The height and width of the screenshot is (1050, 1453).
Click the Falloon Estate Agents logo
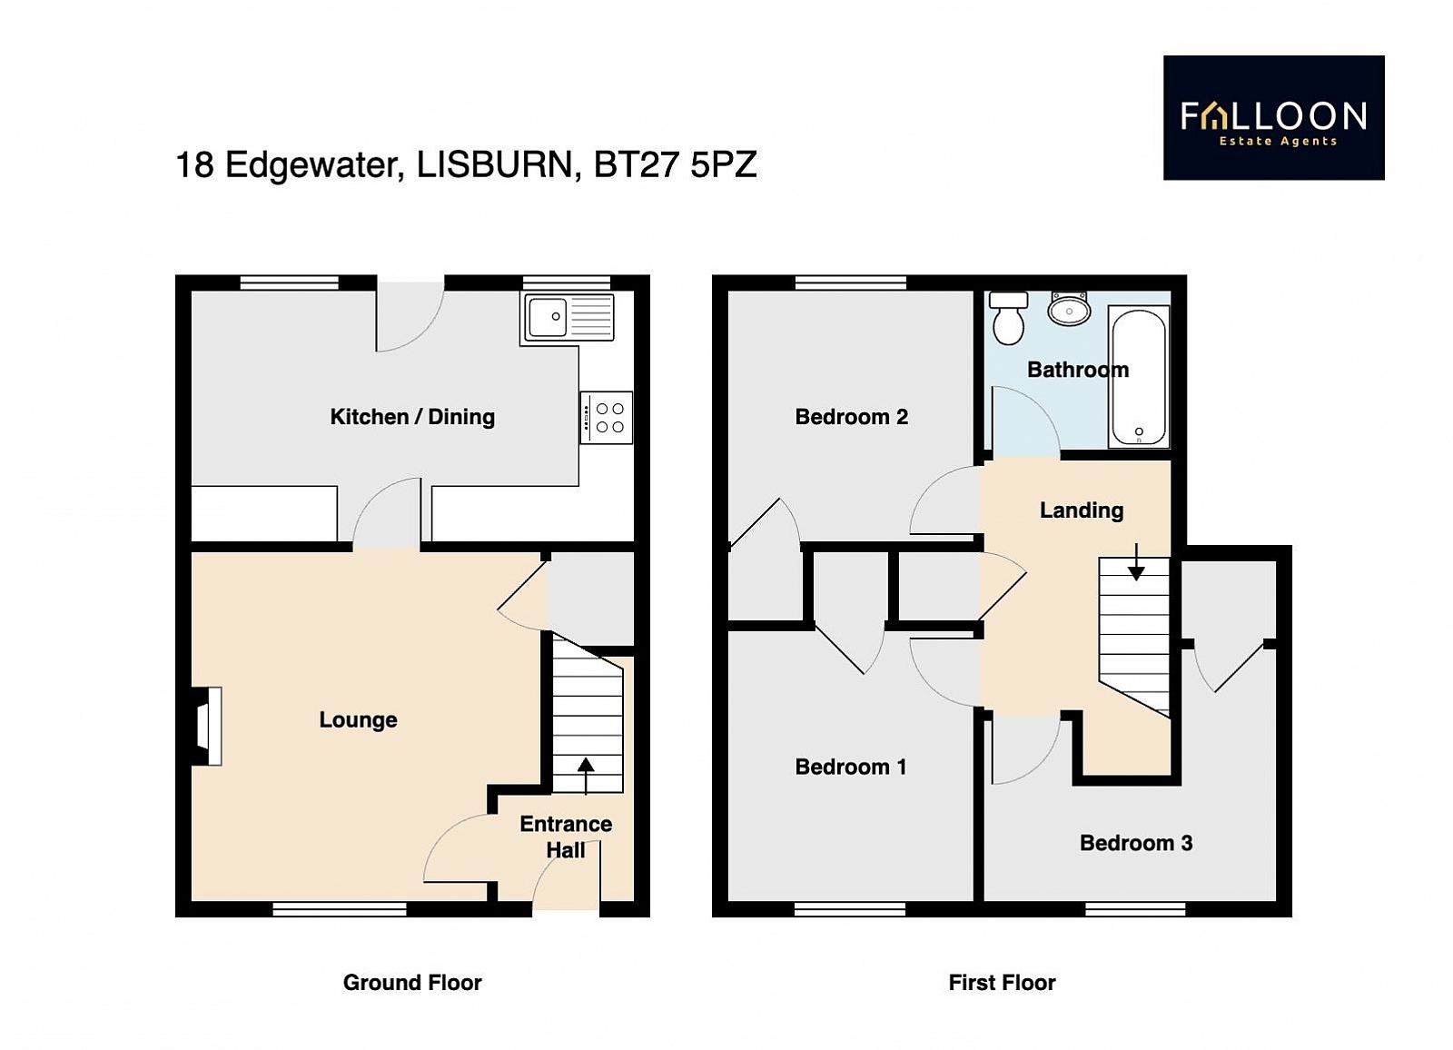[1274, 117]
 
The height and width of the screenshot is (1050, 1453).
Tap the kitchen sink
[568, 317]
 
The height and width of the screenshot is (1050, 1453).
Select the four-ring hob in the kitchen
[607, 418]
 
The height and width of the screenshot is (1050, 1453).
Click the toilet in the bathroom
[1007, 317]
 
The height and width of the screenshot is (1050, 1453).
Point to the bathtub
[1140, 376]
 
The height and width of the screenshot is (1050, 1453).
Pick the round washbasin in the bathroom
[1068, 309]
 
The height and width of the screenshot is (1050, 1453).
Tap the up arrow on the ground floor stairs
[586, 776]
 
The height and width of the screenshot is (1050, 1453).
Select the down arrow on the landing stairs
[1136, 562]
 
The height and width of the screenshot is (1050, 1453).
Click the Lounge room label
[358, 719]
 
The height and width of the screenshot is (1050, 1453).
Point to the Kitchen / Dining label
[412, 417]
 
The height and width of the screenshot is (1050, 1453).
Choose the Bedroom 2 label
[852, 417]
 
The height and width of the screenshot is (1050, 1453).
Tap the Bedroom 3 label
[1136, 843]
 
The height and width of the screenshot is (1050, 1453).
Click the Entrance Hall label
[566, 837]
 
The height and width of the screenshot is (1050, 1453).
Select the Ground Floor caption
[412, 983]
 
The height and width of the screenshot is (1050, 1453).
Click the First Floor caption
[1003, 983]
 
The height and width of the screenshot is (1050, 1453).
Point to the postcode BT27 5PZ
[676, 164]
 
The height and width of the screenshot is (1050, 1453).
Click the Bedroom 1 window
[850, 910]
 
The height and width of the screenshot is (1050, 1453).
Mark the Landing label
[1082, 510]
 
